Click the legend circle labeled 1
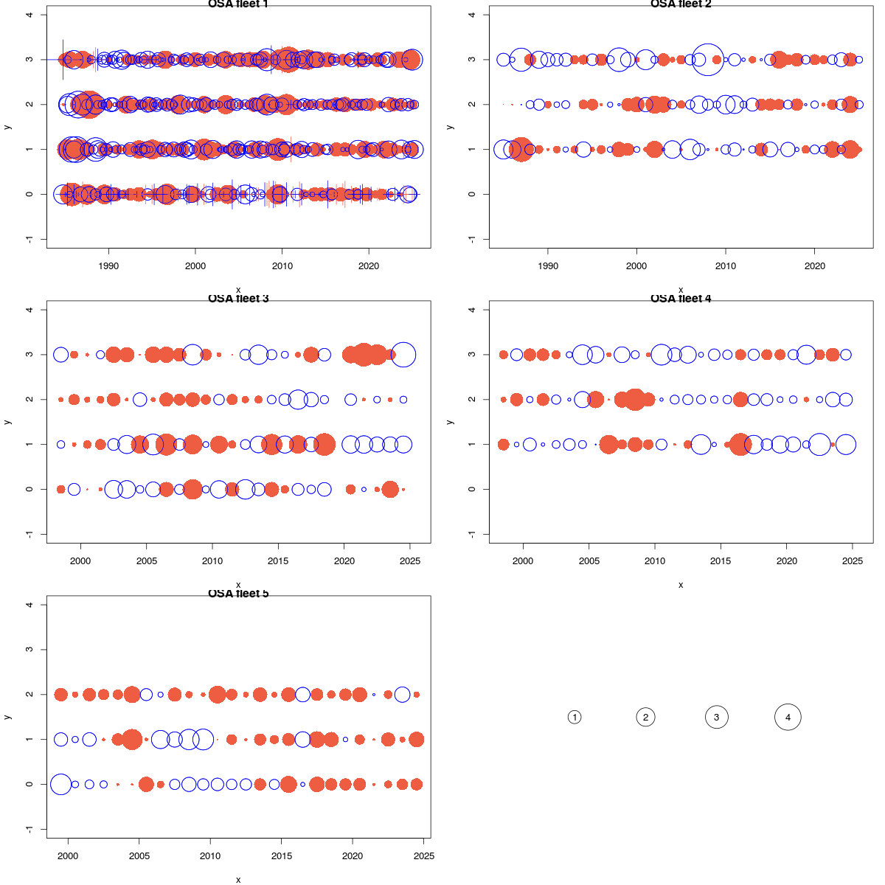click(575, 717)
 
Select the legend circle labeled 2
click(645, 717)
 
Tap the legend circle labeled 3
click(716, 717)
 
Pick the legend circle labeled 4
click(788, 717)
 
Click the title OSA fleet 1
click(238, 4)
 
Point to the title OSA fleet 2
click(681, 4)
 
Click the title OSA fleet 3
click(238, 299)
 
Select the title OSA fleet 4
click(681, 299)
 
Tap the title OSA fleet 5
click(238, 594)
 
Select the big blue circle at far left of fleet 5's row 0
click(60, 784)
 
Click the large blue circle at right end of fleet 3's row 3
click(403, 355)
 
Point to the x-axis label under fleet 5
click(238, 879)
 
